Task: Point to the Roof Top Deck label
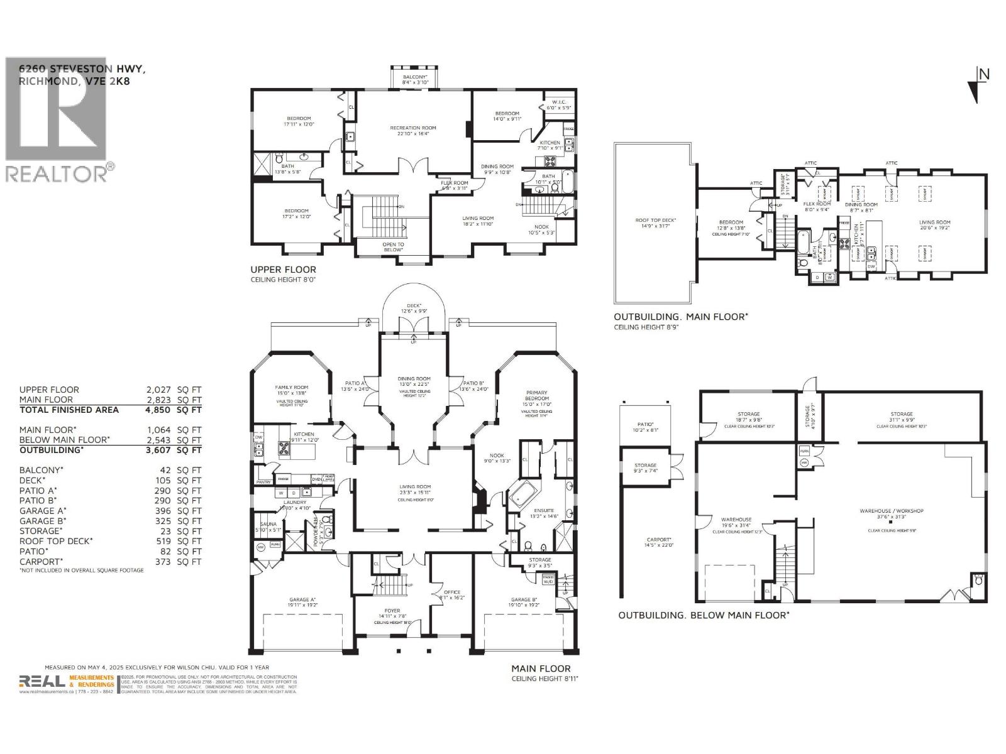click(655, 221)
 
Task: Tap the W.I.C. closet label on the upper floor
click(560, 102)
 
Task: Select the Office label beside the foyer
click(452, 592)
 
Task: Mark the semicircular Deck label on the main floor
click(414, 305)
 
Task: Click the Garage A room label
click(302, 600)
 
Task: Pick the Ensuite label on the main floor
click(544, 510)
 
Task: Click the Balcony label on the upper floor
click(415, 77)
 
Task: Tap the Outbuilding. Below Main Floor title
click(703, 615)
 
